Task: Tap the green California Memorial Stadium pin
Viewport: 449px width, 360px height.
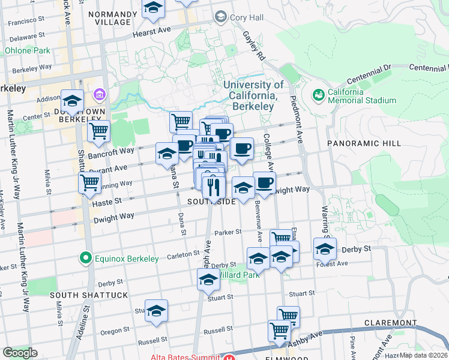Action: click(x=318, y=94)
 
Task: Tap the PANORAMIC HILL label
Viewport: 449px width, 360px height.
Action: click(x=359, y=143)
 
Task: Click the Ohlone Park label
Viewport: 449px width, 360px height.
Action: click(x=28, y=51)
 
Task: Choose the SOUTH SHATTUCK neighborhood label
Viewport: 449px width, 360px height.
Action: click(x=88, y=295)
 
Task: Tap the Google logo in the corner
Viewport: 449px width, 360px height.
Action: click(x=20, y=353)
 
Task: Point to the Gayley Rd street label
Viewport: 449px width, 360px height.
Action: click(x=254, y=45)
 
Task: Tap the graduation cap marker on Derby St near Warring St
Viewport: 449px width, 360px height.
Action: click(x=324, y=248)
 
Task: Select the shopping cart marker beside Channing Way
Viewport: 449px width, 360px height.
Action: click(x=89, y=182)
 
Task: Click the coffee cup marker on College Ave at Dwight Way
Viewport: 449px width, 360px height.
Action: click(x=264, y=182)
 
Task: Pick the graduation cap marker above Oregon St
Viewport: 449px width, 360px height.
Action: click(x=156, y=310)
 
